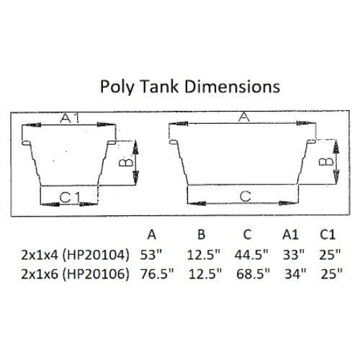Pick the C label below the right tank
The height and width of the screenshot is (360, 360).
245,196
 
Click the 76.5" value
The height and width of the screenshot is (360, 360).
151,274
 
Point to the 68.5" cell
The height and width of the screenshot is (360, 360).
249,274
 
